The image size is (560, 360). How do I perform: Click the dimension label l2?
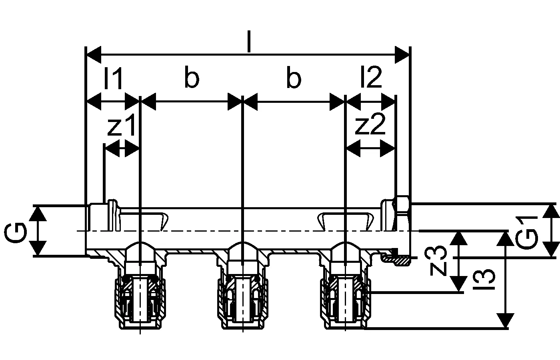tap(371, 78)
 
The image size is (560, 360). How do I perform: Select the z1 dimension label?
tap(122, 127)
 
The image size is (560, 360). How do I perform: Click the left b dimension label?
tap(192, 79)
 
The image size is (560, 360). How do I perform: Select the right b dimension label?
tap(294, 79)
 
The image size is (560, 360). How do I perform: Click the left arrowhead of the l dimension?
tap(94, 54)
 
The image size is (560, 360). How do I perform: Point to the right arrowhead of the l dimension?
tap(402, 54)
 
